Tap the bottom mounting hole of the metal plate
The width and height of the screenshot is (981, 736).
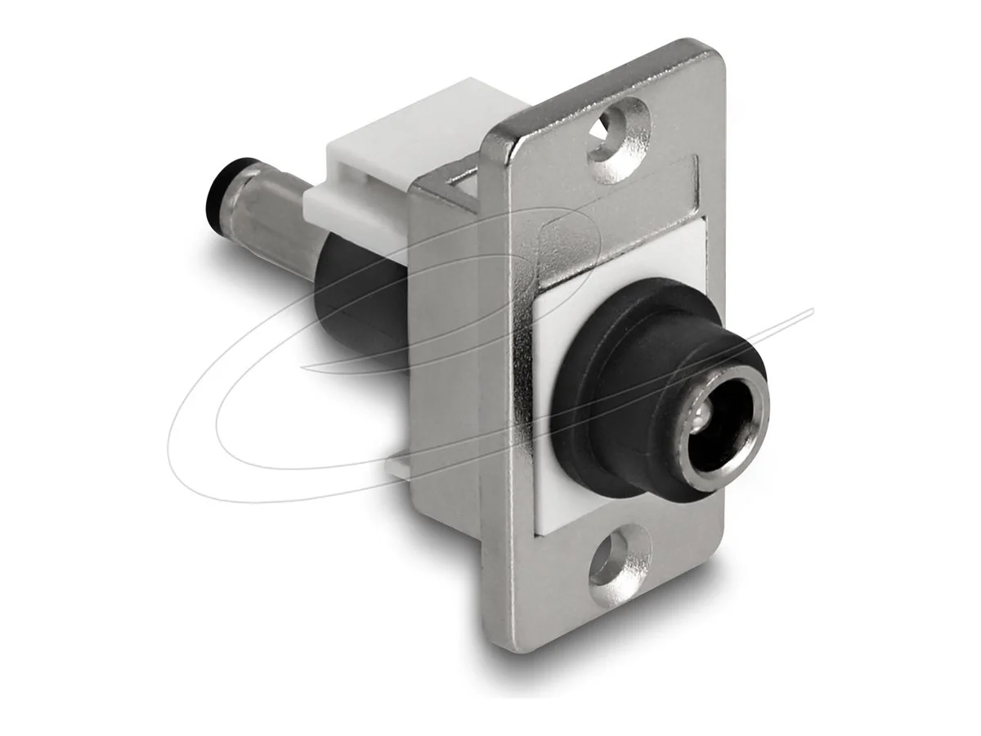tap(609, 563)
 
